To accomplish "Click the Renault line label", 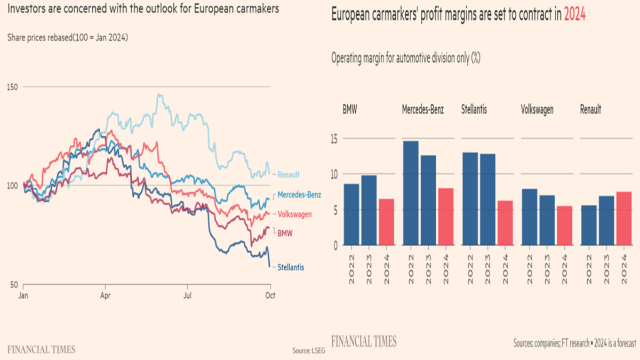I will coord(289,174).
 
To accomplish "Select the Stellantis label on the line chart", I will coord(291,267).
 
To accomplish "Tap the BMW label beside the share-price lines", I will coord(285,233).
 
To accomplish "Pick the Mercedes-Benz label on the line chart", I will coord(299,195).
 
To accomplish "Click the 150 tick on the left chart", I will coord(12,86).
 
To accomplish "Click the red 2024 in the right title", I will coord(575,15).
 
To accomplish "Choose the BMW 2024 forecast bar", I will coord(386,222).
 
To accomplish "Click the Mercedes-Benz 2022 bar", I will coord(411,193).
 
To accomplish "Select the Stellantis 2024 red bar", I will coord(505,223).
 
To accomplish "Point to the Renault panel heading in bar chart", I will coord(590,110).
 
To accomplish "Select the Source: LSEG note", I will coord(308,351).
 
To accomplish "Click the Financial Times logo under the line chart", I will coord(41,350).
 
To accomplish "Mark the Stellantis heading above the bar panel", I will coord(474,110).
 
